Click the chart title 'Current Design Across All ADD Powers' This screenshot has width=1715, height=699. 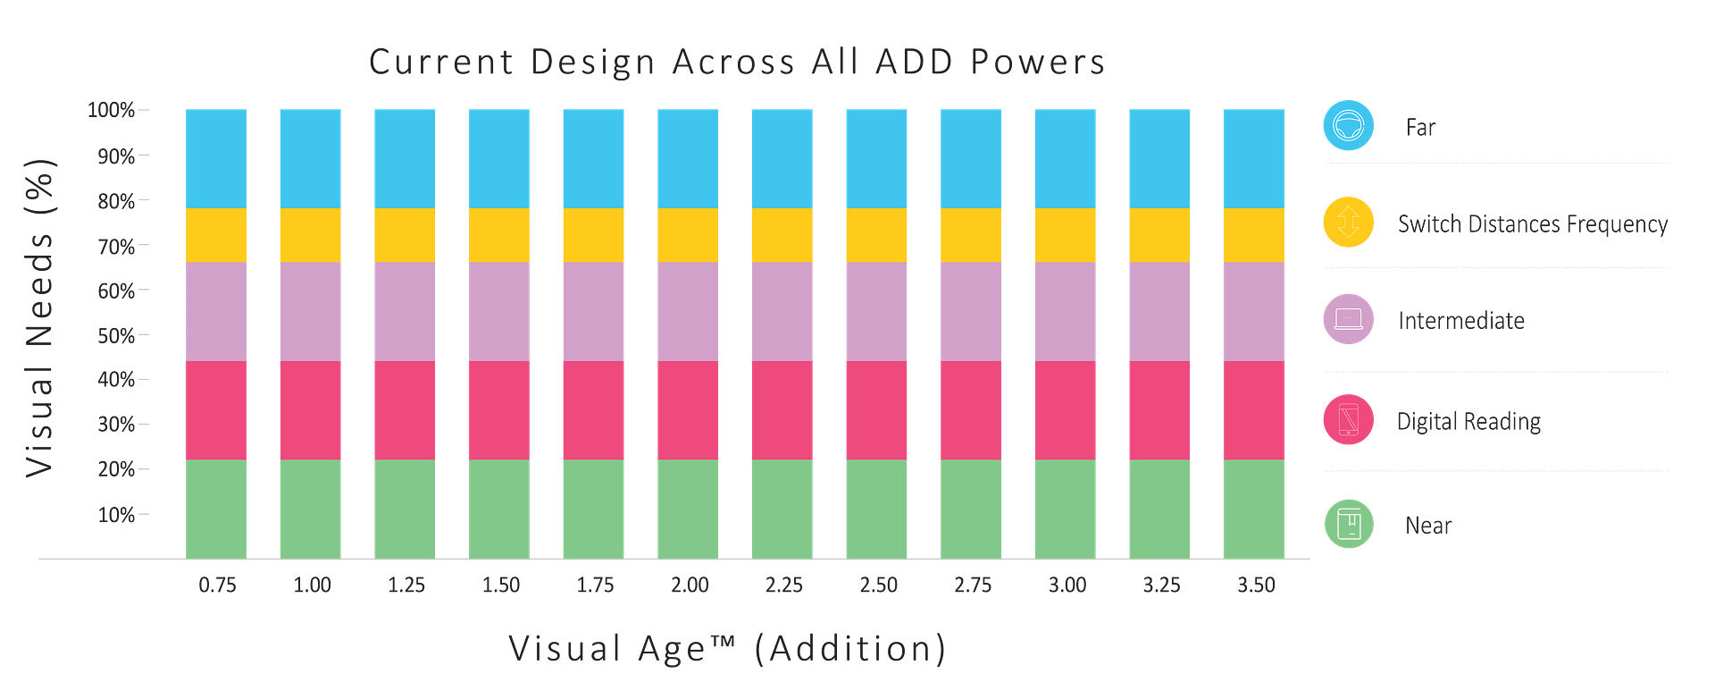click(737, 63)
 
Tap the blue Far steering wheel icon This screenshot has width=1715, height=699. click(1348, 125)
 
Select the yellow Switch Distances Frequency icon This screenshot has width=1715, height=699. click(1348, 222)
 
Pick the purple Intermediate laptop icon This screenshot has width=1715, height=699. click(1348, 319)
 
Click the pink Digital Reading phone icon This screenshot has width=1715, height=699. click(1348, 419)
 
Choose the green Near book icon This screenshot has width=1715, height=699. click(1348, 524)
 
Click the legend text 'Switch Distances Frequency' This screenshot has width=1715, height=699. click(1533, 223)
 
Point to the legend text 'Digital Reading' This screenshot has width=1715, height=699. click(1468, 421)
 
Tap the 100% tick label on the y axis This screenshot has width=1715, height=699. click(110, 110)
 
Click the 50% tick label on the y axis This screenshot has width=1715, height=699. click(116, 336)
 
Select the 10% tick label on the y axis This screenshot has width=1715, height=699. click(116, 515)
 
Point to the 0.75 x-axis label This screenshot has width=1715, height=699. click(217, 585)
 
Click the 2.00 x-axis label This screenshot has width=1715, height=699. click(690, 585)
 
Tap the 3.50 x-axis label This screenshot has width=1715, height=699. click(1256, 585)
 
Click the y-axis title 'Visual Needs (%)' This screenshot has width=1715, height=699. click(40, 317)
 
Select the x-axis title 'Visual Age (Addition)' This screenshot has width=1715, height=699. click(727, 648)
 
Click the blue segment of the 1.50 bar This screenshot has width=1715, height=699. click(499, 158)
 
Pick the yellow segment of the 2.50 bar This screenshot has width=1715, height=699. click(876, 235)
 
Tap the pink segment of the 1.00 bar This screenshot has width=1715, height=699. click(310, 410)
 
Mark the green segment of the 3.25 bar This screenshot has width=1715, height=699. click(1159, 509)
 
